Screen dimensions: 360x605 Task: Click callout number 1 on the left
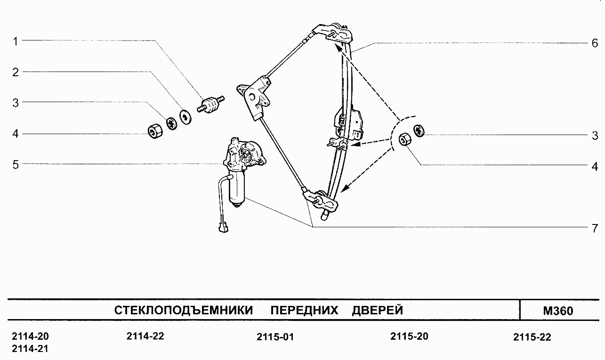[x=15, y=41]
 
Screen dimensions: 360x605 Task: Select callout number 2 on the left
[x=15, y=72]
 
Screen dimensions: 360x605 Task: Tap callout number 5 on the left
[x=15, y=164]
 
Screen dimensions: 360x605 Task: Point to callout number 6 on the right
[x=594, y=43]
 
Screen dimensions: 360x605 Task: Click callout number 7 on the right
[x=594, y=228]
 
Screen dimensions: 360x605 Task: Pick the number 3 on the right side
[x=594, y=136]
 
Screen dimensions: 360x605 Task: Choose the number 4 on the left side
[x=15, y=134]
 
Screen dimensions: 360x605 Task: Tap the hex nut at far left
[x=153, y=130]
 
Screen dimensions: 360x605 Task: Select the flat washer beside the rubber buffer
[x=186, y=116]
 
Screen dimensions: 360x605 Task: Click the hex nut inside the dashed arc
[x=404, y=140]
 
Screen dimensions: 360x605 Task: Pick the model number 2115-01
[x=275, y=337]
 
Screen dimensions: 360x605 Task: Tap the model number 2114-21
[x=29, y=349]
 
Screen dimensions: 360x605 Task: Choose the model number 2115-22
[x=532, y=337]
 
